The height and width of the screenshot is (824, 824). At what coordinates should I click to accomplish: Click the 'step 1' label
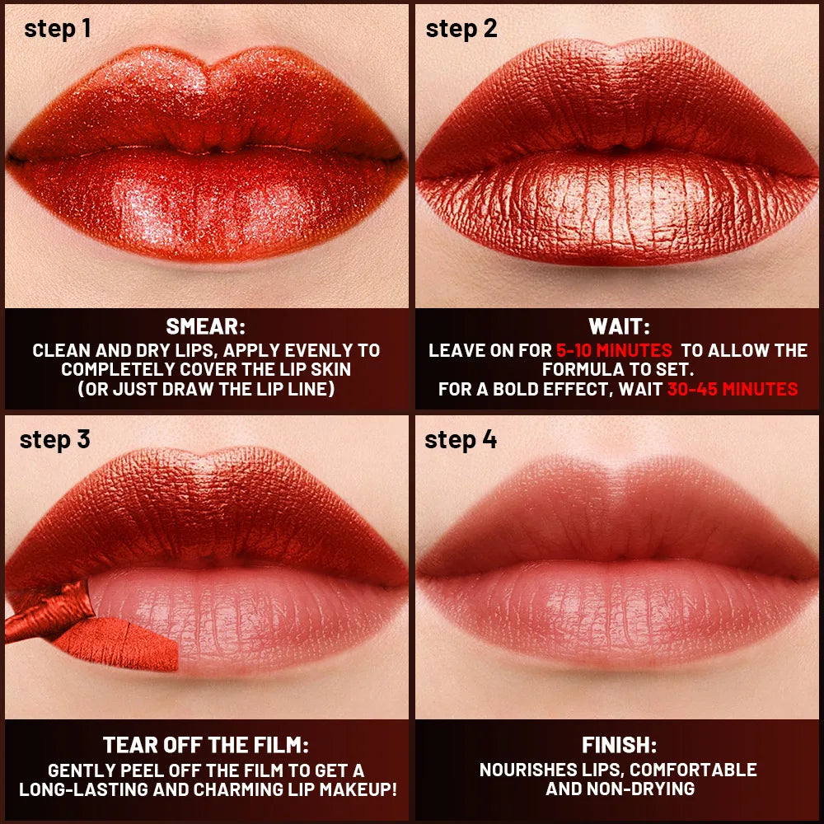click(x=57, y=28)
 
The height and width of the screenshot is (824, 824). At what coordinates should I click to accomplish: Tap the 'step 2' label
click(x=461, y=28)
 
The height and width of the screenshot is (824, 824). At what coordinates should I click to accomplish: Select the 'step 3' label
click(x=54, y=438)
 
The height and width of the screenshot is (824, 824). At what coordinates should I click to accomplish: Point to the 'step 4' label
click(x=461, y=439)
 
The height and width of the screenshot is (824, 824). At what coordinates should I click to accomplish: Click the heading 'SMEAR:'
click(x=206, y=326)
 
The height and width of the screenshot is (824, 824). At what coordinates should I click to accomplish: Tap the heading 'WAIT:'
click(x=618, y=326)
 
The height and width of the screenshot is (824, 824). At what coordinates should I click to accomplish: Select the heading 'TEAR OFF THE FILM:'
click(x=206, y=746)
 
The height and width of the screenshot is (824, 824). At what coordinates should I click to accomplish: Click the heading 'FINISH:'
click(x=619, y=746)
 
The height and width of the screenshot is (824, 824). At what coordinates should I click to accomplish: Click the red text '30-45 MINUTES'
click(x=733, y=389)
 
